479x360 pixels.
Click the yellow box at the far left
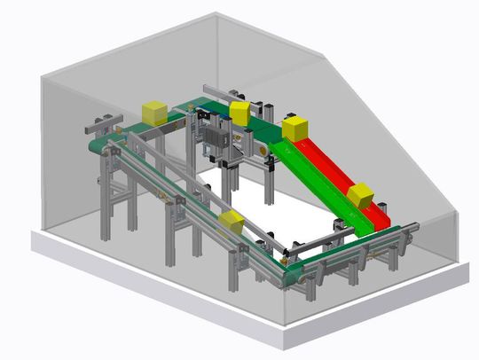(154, 113)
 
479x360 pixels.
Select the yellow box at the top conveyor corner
(239, 113)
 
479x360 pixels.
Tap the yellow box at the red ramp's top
(294, 128)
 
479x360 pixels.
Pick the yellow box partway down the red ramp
(360, 195)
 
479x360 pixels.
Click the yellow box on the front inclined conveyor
(232, 222)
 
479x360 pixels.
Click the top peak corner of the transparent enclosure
(216, 13)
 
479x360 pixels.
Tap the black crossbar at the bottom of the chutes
(306, 243)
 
